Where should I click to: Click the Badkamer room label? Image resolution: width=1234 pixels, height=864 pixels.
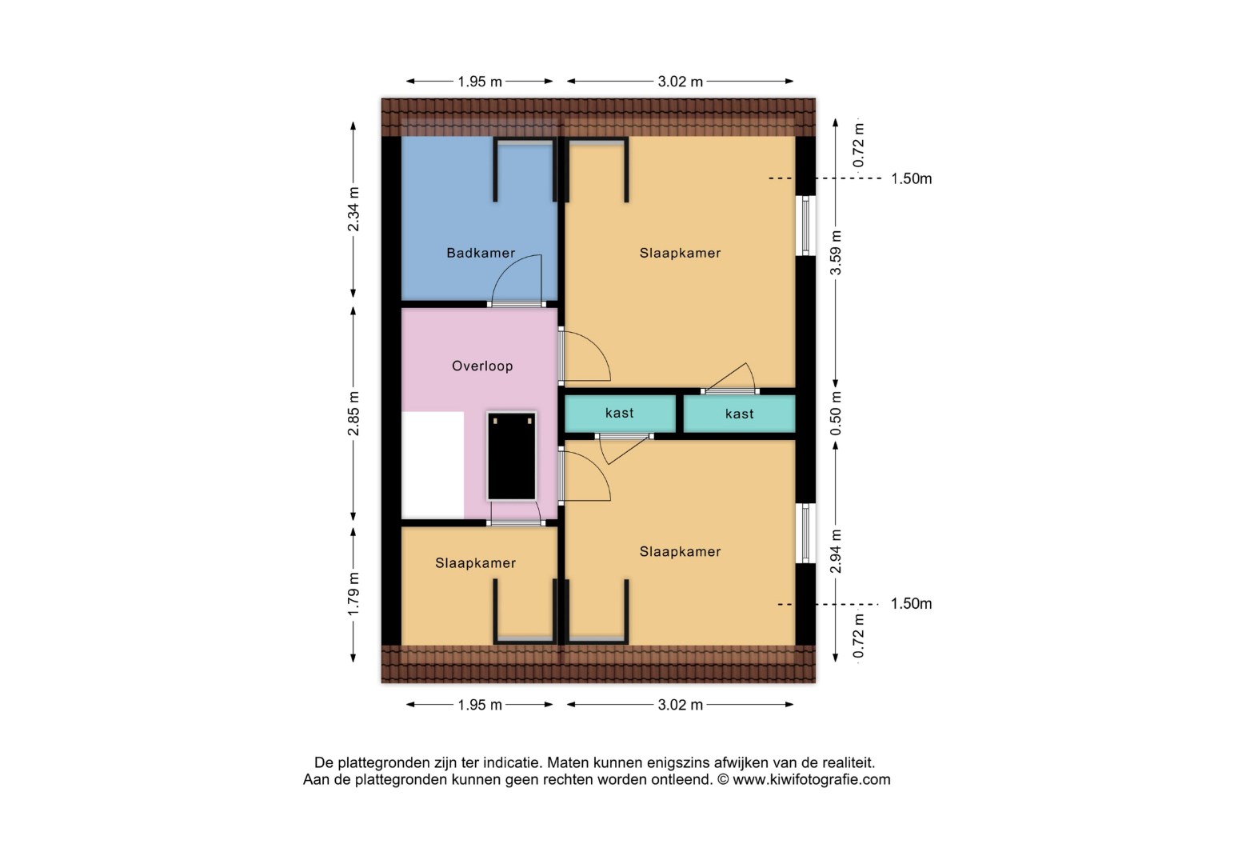click(x=481, y=253)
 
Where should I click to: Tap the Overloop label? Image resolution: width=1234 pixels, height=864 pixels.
click(x=482, y=366)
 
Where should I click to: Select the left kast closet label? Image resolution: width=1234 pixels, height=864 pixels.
click(x=619, y=413)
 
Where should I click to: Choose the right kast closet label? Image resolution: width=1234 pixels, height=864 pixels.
click(x=739, y=414)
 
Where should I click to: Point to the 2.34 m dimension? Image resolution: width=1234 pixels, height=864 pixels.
click(x=353, y=210)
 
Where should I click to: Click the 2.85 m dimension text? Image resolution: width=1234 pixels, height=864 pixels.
click(x=353, y=414)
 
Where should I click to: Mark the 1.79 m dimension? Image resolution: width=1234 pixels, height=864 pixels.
click(x=353, y=594)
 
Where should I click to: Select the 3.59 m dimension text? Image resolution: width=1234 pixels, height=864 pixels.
click(x=836, y=252)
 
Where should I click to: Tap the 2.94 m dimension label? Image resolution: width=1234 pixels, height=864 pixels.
click(x=836, y=551)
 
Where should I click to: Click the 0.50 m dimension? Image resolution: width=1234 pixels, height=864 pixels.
click(x=836, y=414)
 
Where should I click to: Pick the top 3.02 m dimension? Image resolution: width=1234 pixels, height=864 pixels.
click(x=681, y=82)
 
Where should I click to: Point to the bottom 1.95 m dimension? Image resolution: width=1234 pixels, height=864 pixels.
click(x=480, y=705)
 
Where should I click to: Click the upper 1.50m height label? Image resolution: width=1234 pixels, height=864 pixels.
click(x=912, y=178)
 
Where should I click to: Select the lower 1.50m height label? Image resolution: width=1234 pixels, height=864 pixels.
click(x=912, y=603)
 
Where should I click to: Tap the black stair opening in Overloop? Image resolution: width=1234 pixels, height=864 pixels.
click(x=512, y=456)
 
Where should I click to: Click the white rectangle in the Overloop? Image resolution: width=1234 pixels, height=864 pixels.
click(x=433, y=465)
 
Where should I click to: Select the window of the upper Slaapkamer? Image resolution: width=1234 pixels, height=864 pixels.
click(x=805, y=226)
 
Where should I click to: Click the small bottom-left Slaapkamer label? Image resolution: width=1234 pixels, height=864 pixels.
click(x=475, y=563)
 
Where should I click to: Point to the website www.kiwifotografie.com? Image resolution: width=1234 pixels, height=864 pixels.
click(x=812, y=780)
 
